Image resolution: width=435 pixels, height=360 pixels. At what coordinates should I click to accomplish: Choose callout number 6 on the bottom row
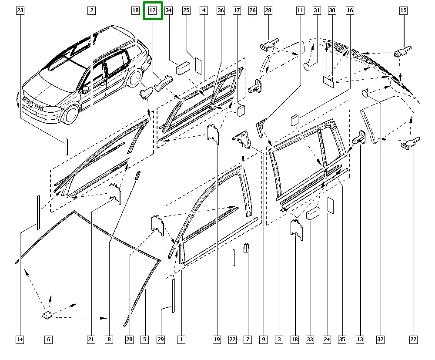coord(48,339)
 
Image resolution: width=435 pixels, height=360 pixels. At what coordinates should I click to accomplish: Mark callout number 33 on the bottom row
coord(310,339)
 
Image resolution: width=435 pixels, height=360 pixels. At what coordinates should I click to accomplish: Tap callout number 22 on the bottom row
coord(232,339)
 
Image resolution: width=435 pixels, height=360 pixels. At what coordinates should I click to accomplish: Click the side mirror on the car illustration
coord(86,89)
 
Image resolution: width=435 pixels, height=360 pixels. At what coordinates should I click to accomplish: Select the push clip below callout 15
coord(402,53)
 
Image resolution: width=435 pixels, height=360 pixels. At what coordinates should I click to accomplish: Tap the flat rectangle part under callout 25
coord(198,64)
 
